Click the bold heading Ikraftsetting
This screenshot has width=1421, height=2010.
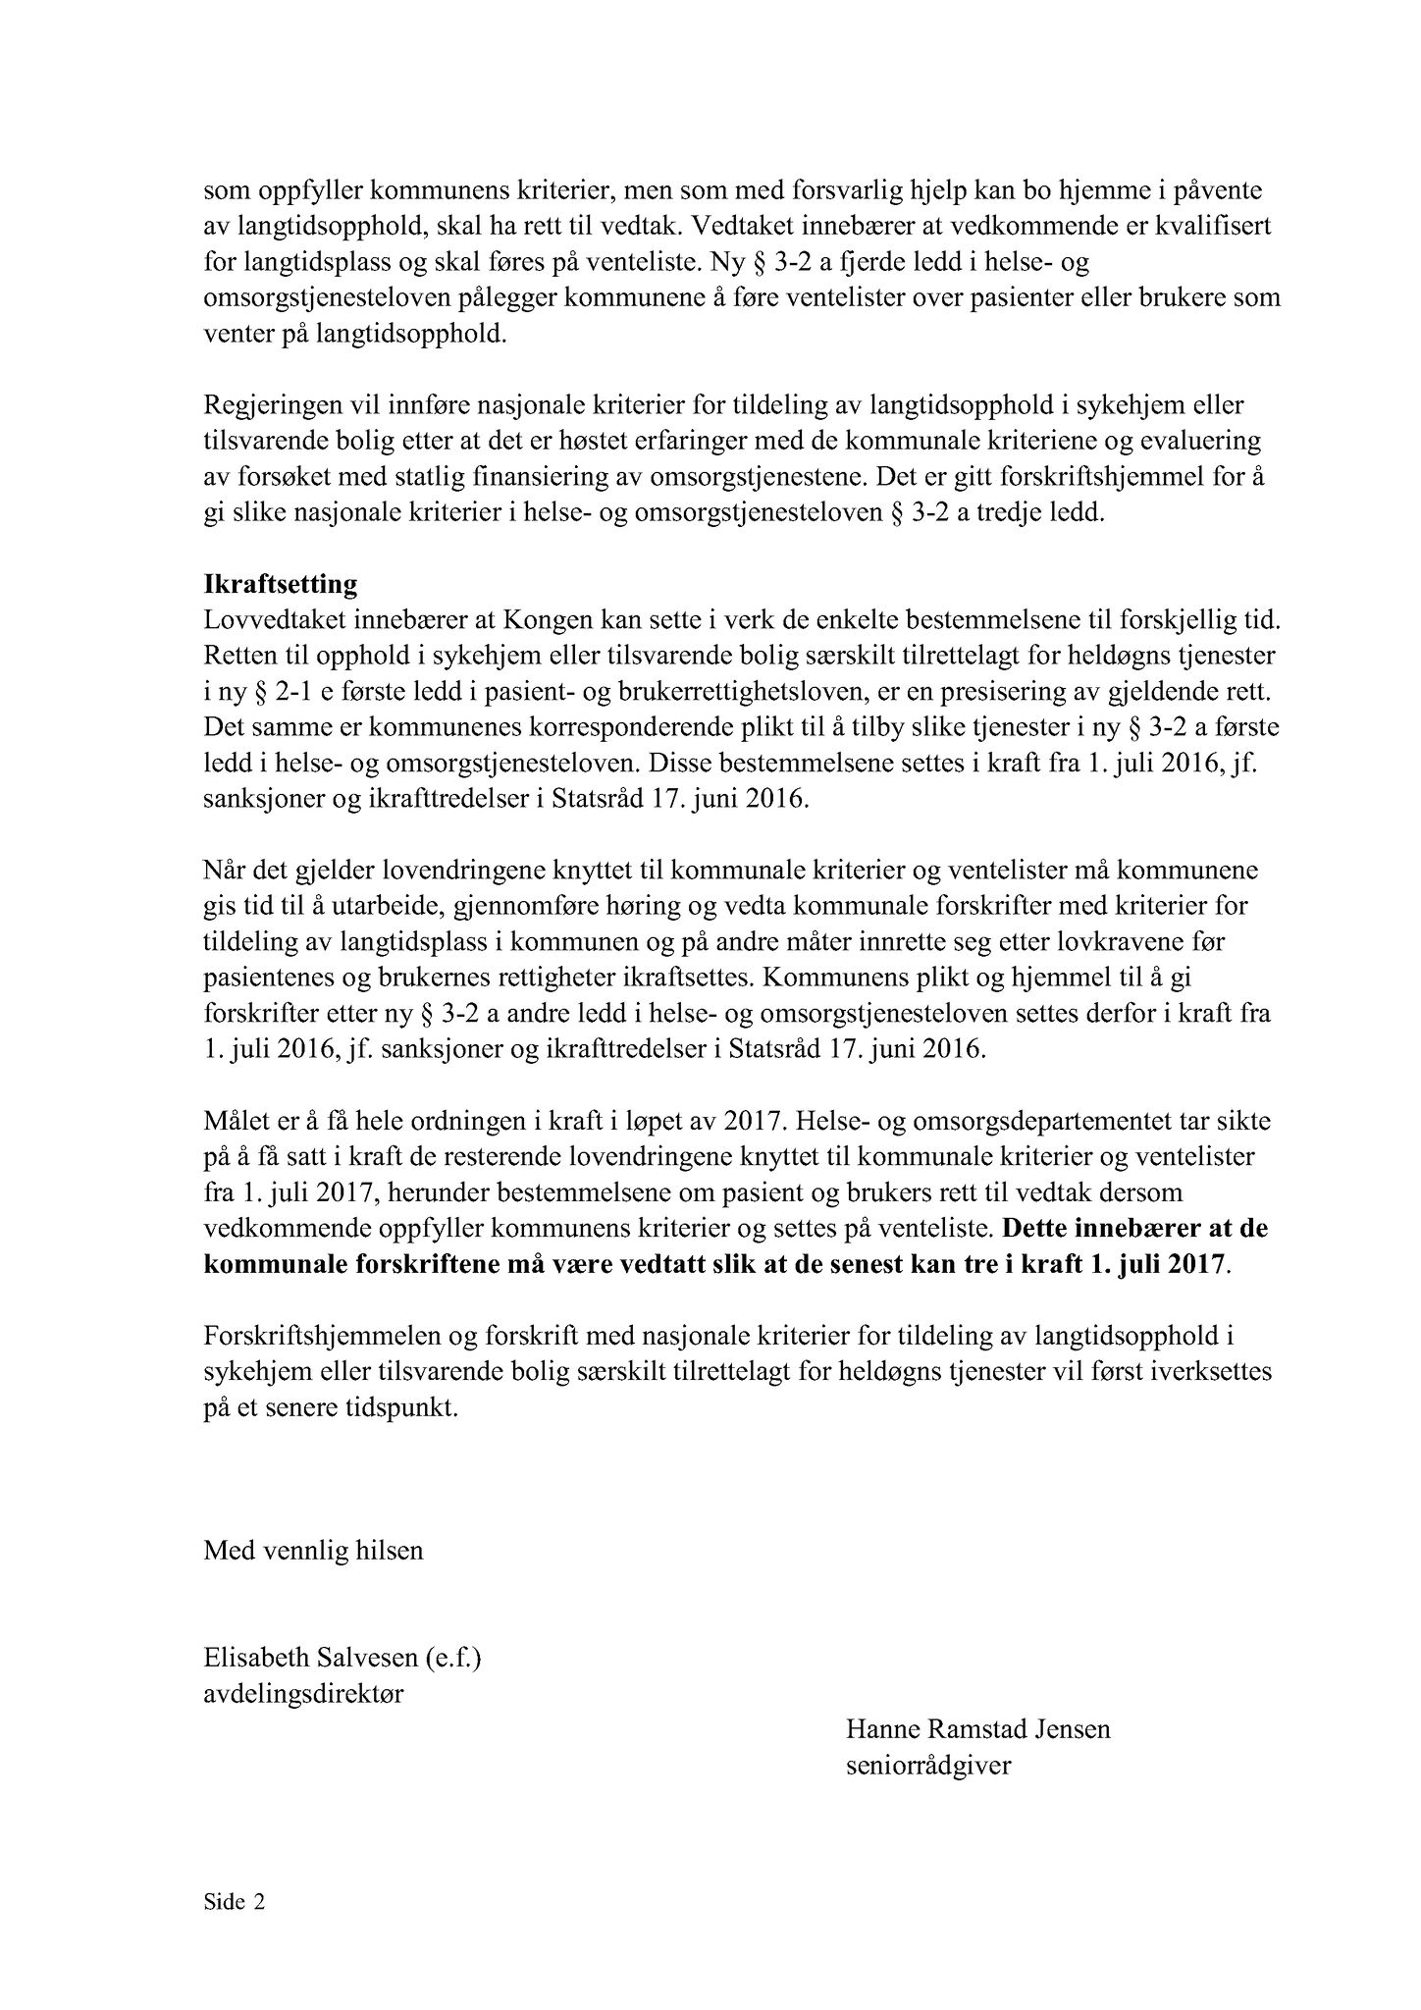pyautogui.click(x=280, y=585)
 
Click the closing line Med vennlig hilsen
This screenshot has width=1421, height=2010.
pyautogui.click(x=313, y=1551)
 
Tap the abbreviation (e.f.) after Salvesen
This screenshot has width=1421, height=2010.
pyautogui.click(x=453, y=1659)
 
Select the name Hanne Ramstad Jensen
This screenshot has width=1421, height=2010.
pyautogui.click(x=977, y=1728)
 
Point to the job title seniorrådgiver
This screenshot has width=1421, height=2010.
pyautogui.click(x=928, y=1765)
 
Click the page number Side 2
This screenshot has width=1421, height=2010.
pyautogui.click(x=235, y=1903)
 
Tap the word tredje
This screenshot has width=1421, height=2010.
pyautogui.click(x=1012, y=513)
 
